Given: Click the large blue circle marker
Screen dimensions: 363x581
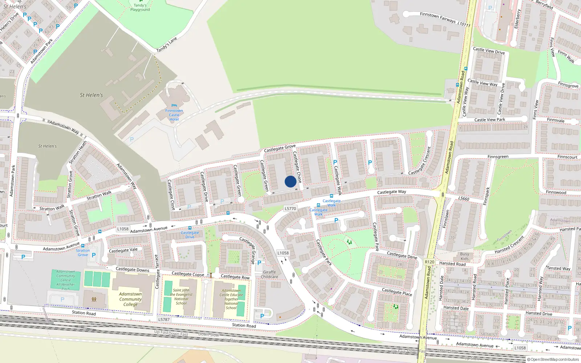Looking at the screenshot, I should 290,181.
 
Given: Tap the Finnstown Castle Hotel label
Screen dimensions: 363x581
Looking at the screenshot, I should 174,115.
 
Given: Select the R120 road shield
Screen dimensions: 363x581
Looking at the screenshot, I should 430,262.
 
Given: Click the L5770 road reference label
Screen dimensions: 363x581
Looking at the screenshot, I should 290,209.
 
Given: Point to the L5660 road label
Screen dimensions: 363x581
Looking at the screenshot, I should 464,199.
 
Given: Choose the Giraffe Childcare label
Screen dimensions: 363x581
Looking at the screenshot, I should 269,274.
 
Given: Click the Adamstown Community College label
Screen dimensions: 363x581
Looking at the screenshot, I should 130,299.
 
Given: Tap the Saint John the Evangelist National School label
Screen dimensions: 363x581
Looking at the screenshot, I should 181,297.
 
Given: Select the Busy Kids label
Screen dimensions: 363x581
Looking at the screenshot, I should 464,256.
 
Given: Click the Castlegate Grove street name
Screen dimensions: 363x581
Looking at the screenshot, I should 280,148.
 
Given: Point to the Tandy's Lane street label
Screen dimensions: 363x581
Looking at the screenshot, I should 167,45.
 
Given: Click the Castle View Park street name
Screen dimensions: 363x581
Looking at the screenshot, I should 489,119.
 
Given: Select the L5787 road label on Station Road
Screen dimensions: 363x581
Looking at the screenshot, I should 164,319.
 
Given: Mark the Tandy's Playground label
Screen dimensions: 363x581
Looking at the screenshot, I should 140,7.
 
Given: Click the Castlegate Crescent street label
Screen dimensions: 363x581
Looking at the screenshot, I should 419,161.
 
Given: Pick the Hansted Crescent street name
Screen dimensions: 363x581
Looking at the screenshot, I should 509,245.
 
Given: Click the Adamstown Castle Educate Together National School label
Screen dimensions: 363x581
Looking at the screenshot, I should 231,299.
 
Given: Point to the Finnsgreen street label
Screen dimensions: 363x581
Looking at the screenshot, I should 498,157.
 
